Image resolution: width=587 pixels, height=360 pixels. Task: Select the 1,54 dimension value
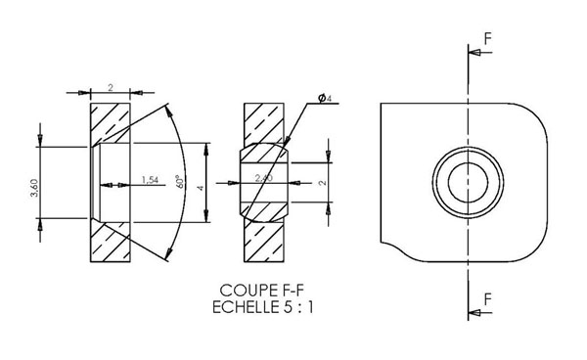pyautogui.click(x=150, y=180)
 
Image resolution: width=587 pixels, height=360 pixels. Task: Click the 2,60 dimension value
pyautogui.click(x=262, y=179)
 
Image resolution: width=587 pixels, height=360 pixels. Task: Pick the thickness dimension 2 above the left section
pyautogui.click(x=111, y=87)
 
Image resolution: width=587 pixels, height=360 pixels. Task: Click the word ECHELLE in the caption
pyautogui.click(x=242, y=306)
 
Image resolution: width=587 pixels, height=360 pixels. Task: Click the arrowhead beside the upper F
pyautogui.click(x=474, y=55)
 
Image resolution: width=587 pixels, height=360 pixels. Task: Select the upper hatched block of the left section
pyautogui.click(x=110, y=122)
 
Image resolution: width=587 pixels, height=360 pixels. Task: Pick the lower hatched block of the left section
pyautogui.click(x=110, y=243)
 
